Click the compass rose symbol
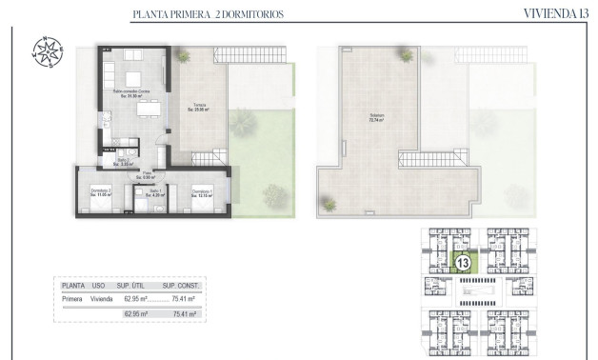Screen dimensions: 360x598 click(48, 52)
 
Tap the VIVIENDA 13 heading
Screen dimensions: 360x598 click(556, 13)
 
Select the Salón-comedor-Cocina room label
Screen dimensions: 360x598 click(130, 92)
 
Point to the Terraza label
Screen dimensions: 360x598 click(199, 107)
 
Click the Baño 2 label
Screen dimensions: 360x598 click(122, 162)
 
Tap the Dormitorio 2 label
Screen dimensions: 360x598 click(102, 192)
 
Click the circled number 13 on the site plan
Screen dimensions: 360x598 click(463, 262)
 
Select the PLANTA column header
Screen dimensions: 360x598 click(73, 285)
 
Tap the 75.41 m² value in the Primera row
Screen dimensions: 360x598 click(184, 297)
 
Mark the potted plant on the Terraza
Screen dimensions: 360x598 click(241, 121)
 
